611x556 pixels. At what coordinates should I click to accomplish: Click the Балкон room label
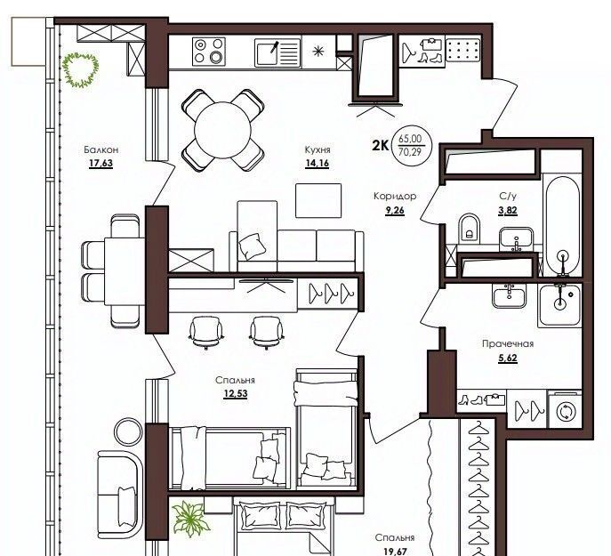click(100, 149)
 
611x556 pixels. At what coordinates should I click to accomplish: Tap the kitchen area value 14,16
click(318, 163)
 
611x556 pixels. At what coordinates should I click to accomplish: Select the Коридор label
click(395, 196)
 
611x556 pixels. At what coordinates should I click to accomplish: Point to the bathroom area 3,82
click(507, 211)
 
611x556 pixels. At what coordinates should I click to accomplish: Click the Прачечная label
click(508, 344)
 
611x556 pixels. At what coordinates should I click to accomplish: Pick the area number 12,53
click(236, 394)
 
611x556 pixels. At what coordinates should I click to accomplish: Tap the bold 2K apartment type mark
click(381, 146)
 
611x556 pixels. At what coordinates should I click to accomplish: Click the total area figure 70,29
click(410, 152)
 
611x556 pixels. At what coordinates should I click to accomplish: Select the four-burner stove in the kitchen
click(209, 52)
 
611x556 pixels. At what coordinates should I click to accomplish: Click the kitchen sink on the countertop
click(277, 52)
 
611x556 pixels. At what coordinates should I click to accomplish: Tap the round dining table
click(223, 130)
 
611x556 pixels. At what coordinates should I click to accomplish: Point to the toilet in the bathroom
click(470, 228)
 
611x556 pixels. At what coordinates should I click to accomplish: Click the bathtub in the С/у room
click(562, 226)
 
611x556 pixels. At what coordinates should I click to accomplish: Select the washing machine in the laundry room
click(565, 411)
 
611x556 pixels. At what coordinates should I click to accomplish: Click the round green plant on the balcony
click(80, 69)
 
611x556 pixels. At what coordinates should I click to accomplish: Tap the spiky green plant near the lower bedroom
click(189, 518)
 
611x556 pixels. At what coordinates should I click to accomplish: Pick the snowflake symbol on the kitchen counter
click(318, 52)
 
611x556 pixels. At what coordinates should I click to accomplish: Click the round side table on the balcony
click(128, 431)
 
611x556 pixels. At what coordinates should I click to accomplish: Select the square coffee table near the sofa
click(318, 201)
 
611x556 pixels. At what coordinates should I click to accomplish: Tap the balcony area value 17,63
click(100, 163)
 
